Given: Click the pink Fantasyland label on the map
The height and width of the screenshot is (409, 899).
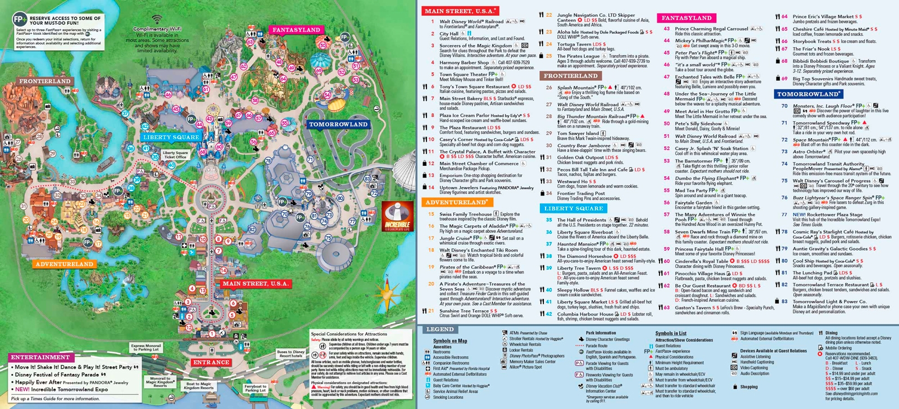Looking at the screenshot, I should [x=296, y=30].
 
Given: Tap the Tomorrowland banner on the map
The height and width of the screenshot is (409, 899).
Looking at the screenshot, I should [x=338, y=124].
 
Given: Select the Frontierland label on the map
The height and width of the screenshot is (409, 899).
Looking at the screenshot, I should [x=45, y=81].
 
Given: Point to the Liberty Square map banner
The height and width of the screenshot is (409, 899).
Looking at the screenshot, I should [x=171, y=137].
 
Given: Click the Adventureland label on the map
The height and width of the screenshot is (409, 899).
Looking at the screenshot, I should [x=64, y=263].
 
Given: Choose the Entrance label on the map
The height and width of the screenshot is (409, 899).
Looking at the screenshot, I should [x=211, y=362].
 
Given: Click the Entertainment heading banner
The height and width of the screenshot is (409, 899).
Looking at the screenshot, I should [x=40, y=357].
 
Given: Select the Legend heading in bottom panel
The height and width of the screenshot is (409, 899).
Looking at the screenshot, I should [x=440, y=329].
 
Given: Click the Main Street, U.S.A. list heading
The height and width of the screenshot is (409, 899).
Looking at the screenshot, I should [x=460, y=11].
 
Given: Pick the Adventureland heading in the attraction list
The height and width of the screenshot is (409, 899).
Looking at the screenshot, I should [x=456, y=202].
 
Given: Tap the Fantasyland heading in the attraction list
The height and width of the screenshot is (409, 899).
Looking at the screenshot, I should [x=687, y=18].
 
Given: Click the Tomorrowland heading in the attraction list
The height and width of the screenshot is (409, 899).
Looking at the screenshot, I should [x=808, y=94].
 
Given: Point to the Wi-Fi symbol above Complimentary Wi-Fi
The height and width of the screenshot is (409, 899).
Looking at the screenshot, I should [x=157, y=20].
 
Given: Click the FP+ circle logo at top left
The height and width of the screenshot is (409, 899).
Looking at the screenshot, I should [x=20, y=19].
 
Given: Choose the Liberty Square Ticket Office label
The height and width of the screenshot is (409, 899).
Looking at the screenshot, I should [x=175, y=154].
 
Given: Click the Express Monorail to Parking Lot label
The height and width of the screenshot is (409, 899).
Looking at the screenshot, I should [x=146, y=347].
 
